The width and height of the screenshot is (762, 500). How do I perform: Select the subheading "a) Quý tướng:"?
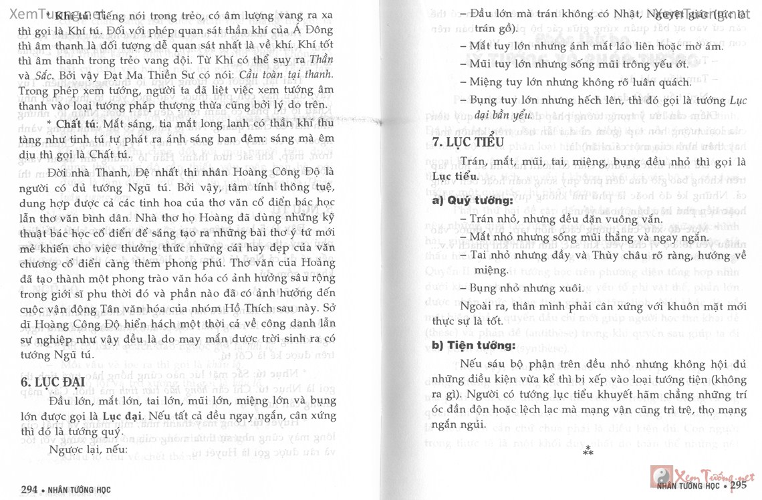point(463,199)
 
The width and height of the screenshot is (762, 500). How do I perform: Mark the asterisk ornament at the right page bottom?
point(588,451)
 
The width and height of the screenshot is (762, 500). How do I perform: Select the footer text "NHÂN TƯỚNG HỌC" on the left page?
point(78,489)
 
